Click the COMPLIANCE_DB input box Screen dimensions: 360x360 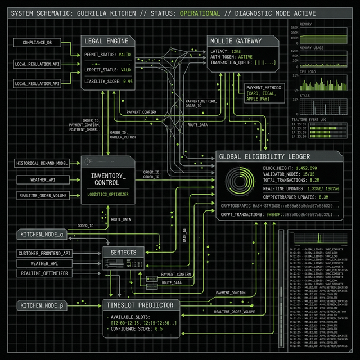(37, 43)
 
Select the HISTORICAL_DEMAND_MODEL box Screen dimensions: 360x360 (42, 163)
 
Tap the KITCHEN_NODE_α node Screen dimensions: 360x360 (43, 233)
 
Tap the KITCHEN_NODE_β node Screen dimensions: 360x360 (43, 305)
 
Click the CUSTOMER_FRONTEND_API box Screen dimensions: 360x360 (44, 253)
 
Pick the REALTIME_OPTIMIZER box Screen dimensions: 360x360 (44, 273)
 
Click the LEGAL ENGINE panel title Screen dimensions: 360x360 (106, 41)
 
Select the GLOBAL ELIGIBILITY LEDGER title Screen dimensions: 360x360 (264, 156)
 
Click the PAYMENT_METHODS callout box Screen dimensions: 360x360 (264, 93)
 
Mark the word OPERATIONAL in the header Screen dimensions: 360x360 (200, 13)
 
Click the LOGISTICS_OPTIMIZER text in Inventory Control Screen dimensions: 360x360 (107, 193)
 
